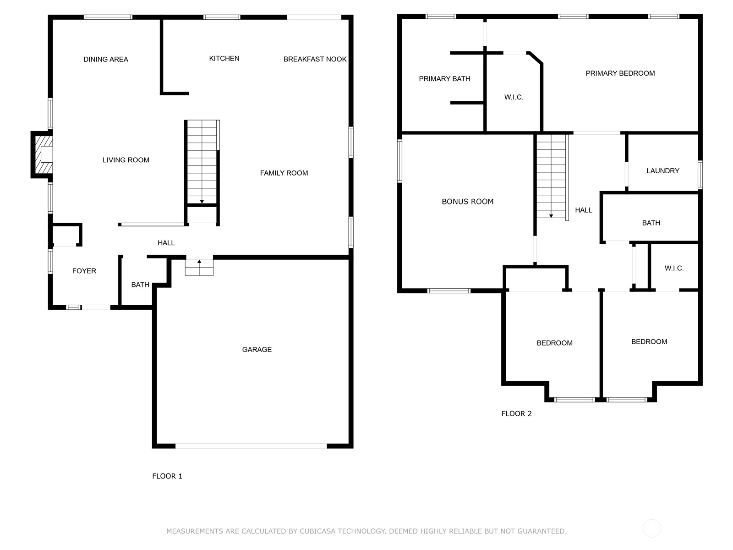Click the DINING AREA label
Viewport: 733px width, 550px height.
(105, 60)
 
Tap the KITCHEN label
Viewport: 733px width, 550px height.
(224, 59)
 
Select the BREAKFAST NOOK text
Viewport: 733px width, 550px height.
(315, 59)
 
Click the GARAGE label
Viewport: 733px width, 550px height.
(257, 349)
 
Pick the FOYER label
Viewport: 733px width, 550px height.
(84, 271)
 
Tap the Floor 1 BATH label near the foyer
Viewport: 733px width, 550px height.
(140, 285)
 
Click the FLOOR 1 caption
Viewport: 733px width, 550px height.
(167, 476)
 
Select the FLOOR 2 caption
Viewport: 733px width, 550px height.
(516, 413)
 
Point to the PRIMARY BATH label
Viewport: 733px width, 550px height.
(444, 79)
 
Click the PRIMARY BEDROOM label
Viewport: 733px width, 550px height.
(620, 73)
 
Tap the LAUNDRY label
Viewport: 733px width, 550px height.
(663, 171)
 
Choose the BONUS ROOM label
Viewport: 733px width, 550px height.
(468, 202)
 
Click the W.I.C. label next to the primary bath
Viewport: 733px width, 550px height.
(514, 97)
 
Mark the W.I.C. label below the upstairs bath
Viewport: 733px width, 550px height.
(674, 268)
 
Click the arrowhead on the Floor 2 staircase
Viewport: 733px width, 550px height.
(551, 216)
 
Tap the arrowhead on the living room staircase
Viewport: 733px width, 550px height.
(202, 202)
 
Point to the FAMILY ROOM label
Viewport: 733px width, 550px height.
(284, 173)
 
